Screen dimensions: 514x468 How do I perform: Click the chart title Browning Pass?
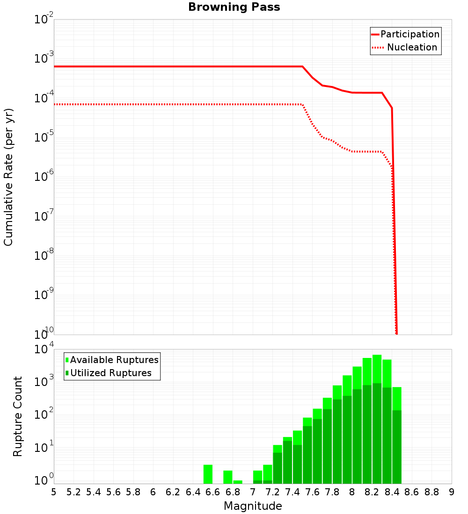[x=234, y=7]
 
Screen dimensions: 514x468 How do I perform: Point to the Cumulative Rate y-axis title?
[x=8, y=177]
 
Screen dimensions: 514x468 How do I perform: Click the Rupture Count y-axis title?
[x=18, y=416]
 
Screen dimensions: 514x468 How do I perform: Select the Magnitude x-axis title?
[x=253, y=506]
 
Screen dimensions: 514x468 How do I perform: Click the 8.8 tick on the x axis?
[x=431, y=492]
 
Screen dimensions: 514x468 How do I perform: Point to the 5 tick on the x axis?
[x=54, y=492]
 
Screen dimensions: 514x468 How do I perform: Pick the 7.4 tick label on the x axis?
[x=292, y=492]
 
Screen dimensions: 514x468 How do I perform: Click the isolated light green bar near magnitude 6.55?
[x=208, y=474]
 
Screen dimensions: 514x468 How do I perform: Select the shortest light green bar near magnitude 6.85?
[x=238, y=482]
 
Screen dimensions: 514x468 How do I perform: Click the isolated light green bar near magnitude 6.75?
[x=228, y=477]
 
